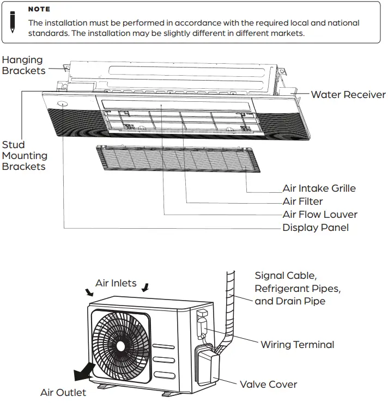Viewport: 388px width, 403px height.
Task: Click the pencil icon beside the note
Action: click(x=13, y=21)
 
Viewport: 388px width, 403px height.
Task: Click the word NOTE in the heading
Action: click(x=39, y=9)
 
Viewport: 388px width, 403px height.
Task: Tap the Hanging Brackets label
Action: click(x=22, y=65)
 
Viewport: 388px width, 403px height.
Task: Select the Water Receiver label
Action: click(x=348, y=95)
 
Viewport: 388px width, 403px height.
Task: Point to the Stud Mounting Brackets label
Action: click(x=25, y=156)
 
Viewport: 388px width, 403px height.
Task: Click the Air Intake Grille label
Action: click(x=319, y=188)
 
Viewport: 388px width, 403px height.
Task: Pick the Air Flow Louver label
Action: click(x=320, y=215)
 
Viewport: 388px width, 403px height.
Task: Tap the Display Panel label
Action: click(x=316, y=228)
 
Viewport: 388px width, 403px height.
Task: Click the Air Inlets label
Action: click(x=116, y=283)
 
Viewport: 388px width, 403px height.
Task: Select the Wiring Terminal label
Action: click(x=297, y=345)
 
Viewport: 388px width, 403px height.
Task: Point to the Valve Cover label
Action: click(x=268, y=384)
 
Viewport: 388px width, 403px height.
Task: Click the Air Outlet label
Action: click(x=63, y=393)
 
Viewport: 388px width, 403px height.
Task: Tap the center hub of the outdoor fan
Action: click(x=120, y=345)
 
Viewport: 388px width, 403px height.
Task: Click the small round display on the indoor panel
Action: click(x=63, y=103)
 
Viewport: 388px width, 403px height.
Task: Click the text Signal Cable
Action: click(x=286, y=276)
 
